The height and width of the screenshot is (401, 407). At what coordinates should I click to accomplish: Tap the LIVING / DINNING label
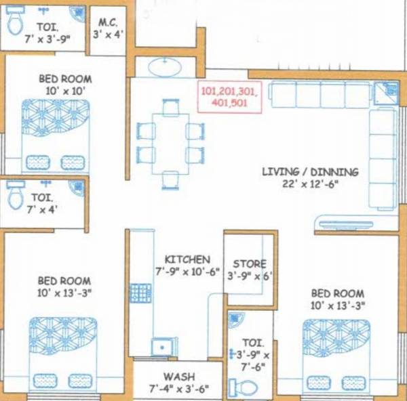pyautogui.click(x=310, y=172)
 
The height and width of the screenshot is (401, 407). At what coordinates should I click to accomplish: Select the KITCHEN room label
pyautogui.click(x=187, y=259)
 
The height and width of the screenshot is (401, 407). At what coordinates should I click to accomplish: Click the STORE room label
pyautogui.click(x=249, y=263)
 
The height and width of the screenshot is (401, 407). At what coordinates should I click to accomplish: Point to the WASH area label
pyautogui.click(x=178, y=377)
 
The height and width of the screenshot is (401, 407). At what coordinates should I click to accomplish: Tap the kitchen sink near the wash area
pyautogui.click(x=160, y=346)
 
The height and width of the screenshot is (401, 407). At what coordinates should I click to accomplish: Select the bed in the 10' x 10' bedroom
pyautogui.click(x=55, y=135)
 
